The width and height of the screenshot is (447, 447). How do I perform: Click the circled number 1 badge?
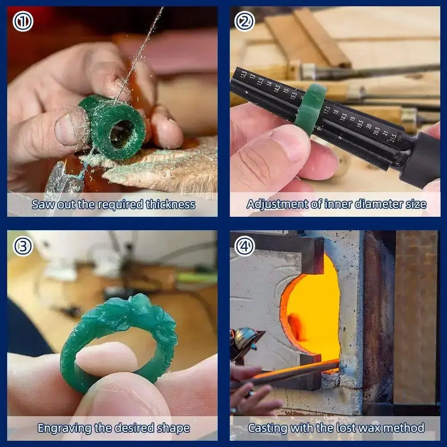point(23,21)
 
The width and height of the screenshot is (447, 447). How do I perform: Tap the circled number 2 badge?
point(245,21)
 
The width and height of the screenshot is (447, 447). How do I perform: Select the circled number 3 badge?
point(23,246)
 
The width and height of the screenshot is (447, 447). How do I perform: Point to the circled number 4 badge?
point(245,246)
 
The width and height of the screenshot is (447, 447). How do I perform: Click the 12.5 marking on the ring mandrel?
point(244,74)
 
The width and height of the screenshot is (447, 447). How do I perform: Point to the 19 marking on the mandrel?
point(353,119)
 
